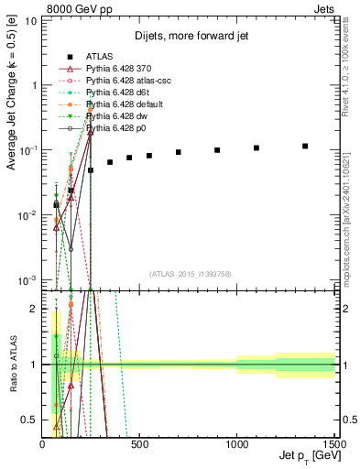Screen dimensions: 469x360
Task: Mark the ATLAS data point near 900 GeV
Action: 217,150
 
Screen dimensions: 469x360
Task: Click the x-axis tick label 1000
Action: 236,444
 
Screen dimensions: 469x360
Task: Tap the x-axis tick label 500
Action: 140,444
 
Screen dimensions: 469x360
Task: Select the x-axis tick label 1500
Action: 334,444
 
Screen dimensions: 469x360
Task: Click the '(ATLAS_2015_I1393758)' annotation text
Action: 191,274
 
